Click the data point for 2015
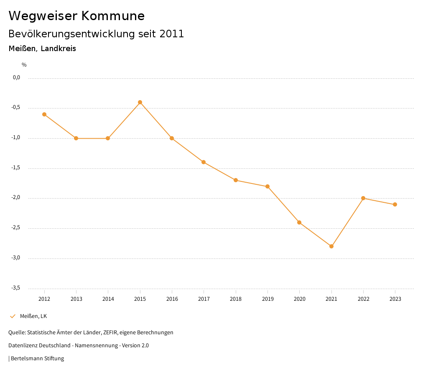pyautogui.click(x=140, y=102)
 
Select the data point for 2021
pyautogui.click(x=331, y=246)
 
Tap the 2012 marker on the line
pyautogui.click(x=44, y=114)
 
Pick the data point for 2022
pyautogui.click(x=363, y=198)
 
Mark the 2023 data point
pyautogui.click(x=395, y=204)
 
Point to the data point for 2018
pyautogui.click(x=236, y=180)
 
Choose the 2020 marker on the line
pyautogui.click(x=299, y=222)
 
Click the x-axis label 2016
pyautogui.click(x=172, y=299)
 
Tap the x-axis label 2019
pyautogui.click(x=267, y=299)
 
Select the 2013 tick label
pyautogui.click(x=76, y=299)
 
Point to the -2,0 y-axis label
pyautogui.click(x=16, y=198)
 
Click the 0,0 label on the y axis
pyautogui.click(x=16, y=77)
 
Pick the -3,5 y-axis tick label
pyautogui.click(x=16, y=288)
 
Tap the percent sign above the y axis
pyautogui.click(x=24, y=65)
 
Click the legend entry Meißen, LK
pyautogui.click(x=33, y=316)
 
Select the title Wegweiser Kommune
pyautogui.click(x=76, y=16)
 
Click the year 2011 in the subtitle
pyautogui.click(x=172, y=34)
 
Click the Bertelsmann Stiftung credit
pyautogui.click(x=37, y=359)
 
